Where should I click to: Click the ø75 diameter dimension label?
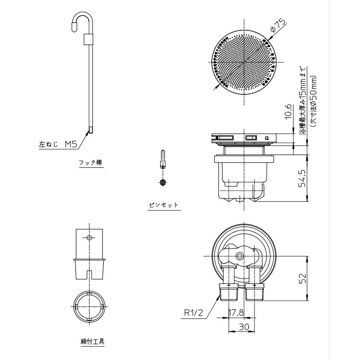[x=278, y=28]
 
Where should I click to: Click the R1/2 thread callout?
[x=193, y=313]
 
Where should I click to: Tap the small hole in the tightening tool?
[x=89, y=237]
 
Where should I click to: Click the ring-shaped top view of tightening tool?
[x=89, y=307]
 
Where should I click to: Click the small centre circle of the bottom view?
[x=239, y=256]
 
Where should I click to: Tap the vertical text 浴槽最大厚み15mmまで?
[x=302, y=102]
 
